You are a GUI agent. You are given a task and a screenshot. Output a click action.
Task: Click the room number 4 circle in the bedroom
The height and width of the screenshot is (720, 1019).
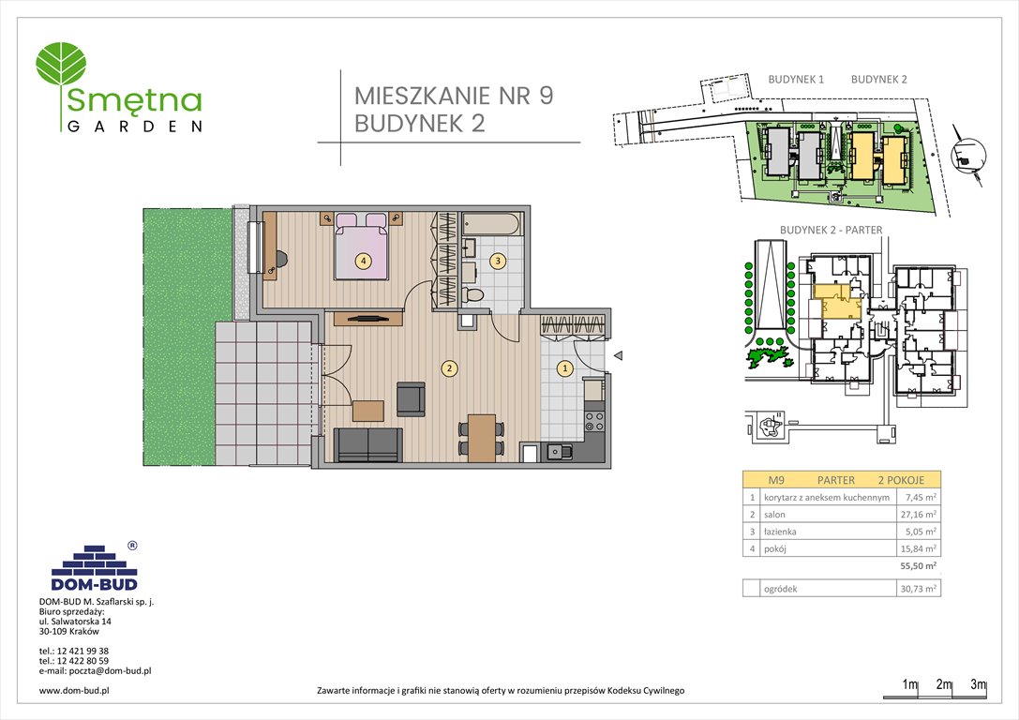tap(363, 261)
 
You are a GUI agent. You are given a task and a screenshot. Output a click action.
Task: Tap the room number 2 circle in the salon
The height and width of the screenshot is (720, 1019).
tap(450, 368)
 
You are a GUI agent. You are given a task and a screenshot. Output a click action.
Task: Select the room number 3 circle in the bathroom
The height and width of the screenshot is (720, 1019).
tap(499, 261)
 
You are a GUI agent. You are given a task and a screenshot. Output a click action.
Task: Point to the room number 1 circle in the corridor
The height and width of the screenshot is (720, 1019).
tap(564, 368)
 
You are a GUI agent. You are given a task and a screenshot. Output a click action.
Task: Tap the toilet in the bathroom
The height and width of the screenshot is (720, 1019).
tap(474, 295)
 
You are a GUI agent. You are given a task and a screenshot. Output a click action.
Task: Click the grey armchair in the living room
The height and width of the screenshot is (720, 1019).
tap(411, 399)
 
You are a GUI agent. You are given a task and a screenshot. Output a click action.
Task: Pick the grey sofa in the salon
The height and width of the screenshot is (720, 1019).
tap(367, 443)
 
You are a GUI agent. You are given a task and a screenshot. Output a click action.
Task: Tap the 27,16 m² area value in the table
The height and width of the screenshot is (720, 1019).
tap(918, 515)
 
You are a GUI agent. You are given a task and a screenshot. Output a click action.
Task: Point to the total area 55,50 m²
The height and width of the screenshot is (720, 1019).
tap(918, 566)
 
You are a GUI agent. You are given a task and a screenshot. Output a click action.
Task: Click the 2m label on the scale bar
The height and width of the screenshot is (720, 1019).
tap(944, 685)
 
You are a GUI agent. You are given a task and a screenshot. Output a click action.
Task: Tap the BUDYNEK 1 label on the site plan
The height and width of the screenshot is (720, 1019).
tap(795, 80)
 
